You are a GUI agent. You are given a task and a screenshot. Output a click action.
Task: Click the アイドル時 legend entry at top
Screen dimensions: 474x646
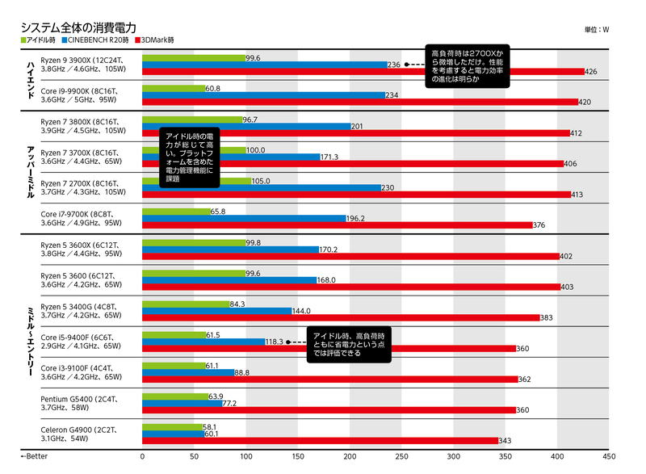point(39,40)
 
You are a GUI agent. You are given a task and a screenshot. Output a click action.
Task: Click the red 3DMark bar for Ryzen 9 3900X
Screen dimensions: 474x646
point(363,72)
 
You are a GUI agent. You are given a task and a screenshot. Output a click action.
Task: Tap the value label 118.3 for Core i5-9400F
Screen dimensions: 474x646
point(275,342)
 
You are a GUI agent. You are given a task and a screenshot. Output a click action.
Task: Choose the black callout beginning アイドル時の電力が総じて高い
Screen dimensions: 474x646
point(191,158)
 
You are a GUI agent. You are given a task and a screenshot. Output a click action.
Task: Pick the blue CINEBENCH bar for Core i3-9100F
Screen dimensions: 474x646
point(187,372)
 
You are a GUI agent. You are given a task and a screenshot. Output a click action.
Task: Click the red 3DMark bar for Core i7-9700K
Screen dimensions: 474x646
point(338,225)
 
